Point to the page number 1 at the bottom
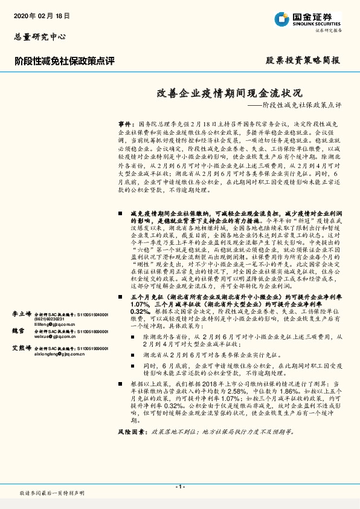tap(180, 486)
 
